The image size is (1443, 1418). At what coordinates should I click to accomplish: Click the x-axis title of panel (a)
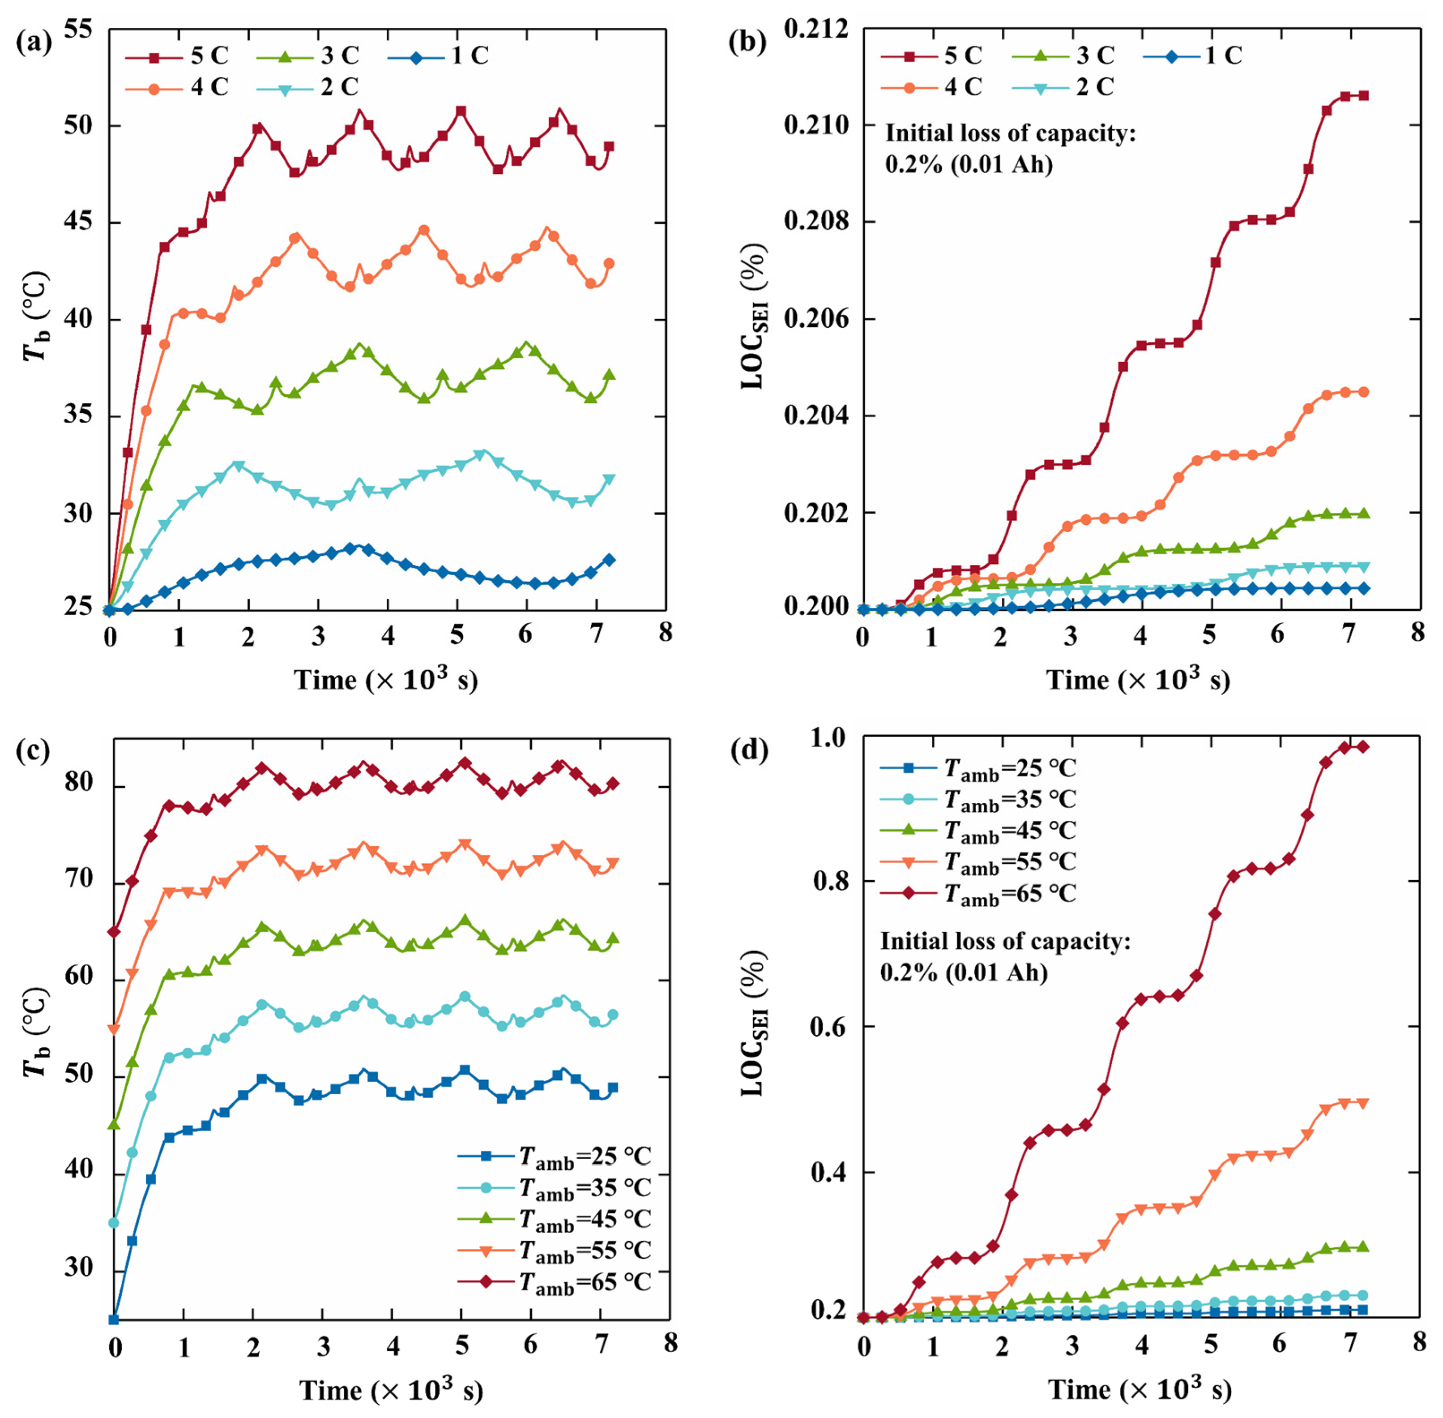(386, 679)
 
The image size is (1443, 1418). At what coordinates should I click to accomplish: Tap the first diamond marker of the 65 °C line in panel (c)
(114, 932)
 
